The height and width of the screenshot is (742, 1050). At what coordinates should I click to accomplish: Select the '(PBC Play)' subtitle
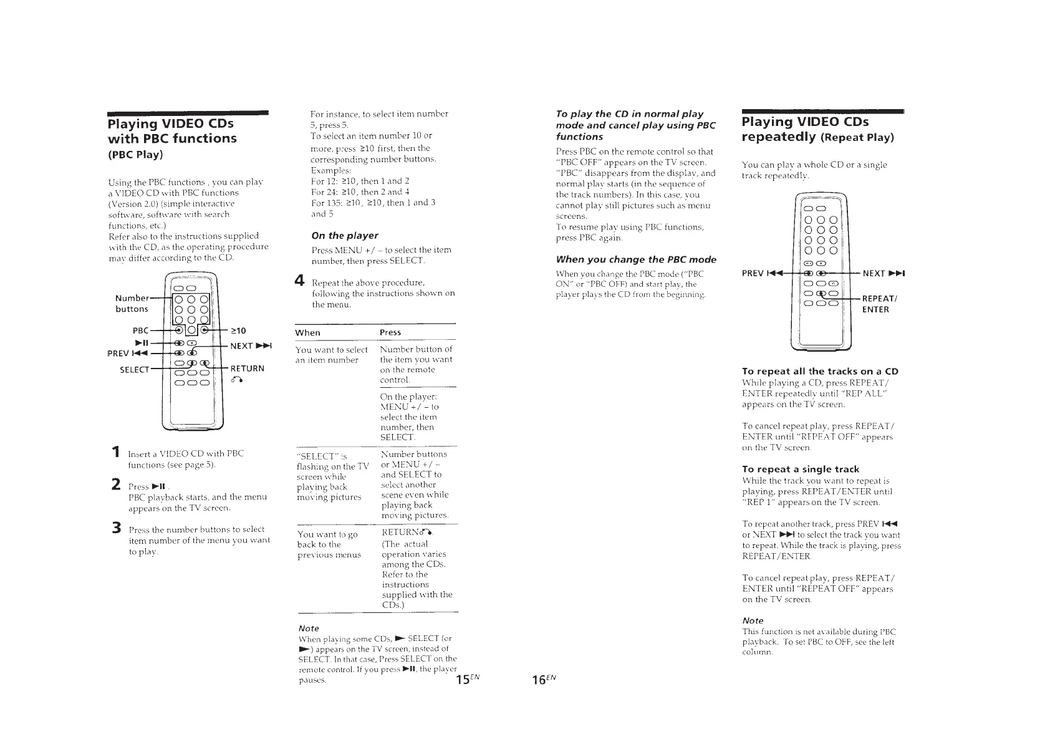135,154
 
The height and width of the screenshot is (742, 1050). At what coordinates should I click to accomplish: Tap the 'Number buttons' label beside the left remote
132,303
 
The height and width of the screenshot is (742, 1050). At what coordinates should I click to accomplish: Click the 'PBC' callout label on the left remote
141,330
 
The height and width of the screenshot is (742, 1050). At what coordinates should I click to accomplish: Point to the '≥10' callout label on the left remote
238,330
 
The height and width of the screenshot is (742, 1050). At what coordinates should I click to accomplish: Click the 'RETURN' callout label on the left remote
248,369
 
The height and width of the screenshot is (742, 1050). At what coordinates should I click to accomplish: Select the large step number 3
116,528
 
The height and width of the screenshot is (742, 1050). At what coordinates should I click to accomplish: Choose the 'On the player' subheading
344,236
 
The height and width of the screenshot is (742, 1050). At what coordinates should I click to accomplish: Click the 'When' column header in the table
307,333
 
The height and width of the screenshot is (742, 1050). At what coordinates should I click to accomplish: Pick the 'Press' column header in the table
390,333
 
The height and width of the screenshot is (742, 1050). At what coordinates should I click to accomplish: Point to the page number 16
539,678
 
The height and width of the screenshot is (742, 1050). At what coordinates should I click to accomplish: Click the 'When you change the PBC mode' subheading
636,259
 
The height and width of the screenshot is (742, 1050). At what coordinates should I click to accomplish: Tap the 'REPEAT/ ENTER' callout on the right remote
879,304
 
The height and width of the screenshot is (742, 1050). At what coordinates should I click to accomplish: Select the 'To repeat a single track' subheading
801,469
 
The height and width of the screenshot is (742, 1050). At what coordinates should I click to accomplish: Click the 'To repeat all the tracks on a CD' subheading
820,371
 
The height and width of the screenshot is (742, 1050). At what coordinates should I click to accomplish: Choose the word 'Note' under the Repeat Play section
753,620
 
